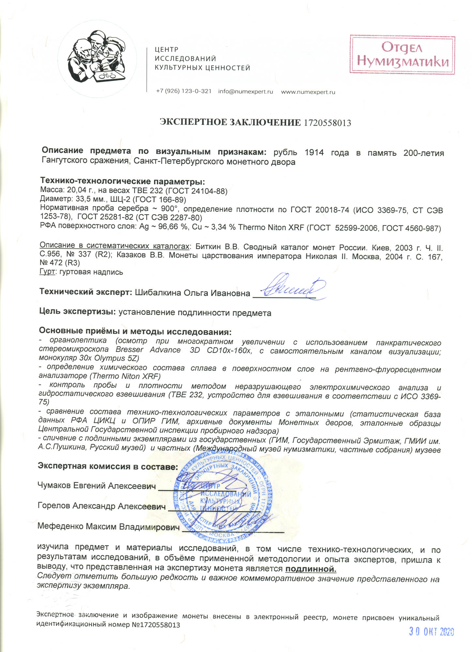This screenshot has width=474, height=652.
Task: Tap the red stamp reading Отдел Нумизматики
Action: click(402, 55)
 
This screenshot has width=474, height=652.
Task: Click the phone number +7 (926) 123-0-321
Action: click(184, 91)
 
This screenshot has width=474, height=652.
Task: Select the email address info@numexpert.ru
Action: click(245, 92)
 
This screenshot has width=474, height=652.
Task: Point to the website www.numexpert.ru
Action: click(308, 92)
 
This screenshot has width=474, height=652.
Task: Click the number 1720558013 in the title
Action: click(327, 123)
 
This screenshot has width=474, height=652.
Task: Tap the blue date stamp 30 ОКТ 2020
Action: click(431, 632)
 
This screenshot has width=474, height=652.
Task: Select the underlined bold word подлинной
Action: click(311, 569)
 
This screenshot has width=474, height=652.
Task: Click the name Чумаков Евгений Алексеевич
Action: click(97, 486)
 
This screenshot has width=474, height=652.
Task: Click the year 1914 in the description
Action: click(314, 153)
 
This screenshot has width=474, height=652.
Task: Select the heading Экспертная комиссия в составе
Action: click(108, 466)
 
